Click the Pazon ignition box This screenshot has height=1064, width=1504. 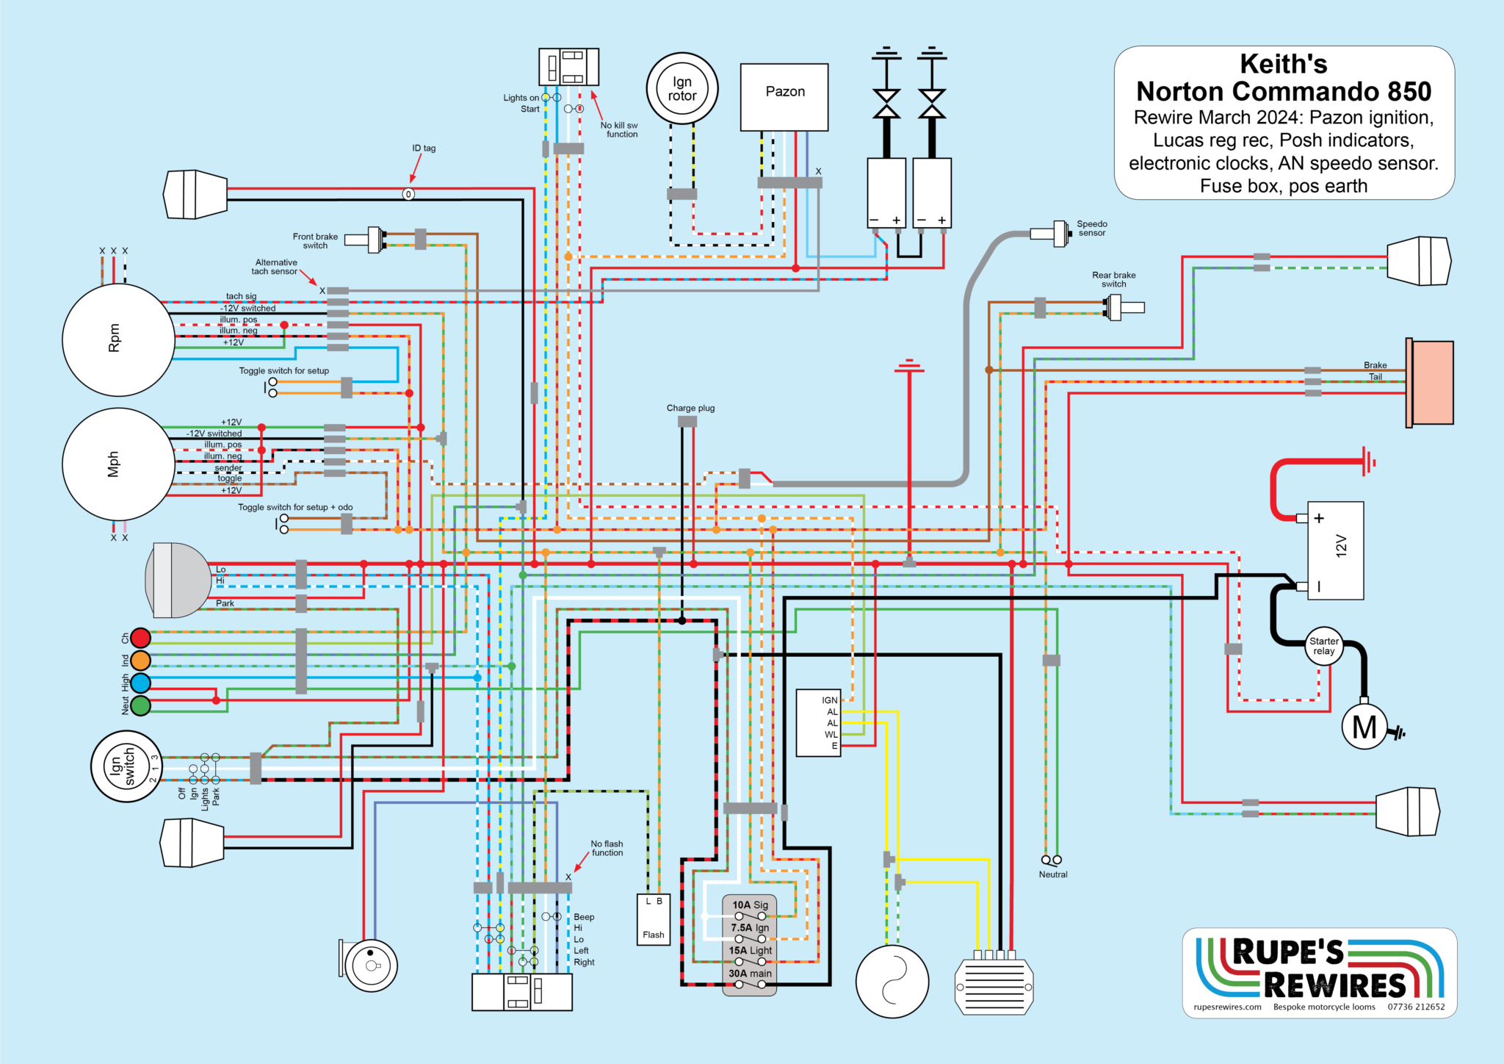click(x=784, y=97)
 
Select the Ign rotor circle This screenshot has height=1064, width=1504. click(x=682, y=89)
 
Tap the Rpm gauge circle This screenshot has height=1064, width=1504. click(x=118, y=339)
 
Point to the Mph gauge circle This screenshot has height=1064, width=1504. click(x=118, y=464)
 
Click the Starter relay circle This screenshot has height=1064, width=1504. click(x=1324, y=646)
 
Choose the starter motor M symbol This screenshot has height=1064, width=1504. click(x=1364, y=727)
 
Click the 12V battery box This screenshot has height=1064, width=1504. click(x=1335, y=550)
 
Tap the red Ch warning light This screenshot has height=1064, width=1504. click(x=140, y=638)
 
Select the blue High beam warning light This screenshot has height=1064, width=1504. click(x=140, y=683)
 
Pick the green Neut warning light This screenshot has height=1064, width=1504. click(x=140, y=705)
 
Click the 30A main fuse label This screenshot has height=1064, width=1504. click(x=750, y=974)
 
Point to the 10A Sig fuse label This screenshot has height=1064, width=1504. click(x=750, y=905)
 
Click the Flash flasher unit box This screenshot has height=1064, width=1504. click(x=654, y=919)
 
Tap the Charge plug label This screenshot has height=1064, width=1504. click(x=690, y=408)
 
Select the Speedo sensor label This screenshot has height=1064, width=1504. click(x=1092, y=229)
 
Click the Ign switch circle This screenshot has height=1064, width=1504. click(x=126, y=766)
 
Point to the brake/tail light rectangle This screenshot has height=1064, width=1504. click(x=1430, y=382)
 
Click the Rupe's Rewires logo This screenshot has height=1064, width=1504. click(x=1320, y=973)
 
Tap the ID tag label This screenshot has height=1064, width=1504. click(x=424, y=148)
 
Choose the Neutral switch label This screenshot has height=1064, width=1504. click(x=1053, y=874)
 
